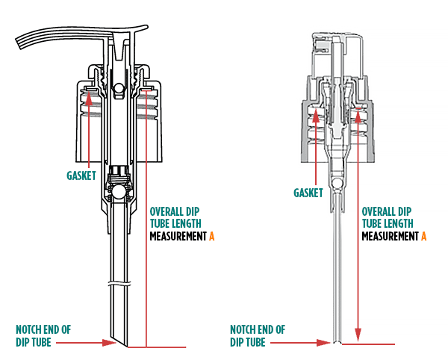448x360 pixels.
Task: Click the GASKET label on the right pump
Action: pos(308,193)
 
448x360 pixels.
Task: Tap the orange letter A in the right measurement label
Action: pos(423,236)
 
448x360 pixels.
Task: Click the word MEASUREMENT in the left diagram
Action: pos(178,236)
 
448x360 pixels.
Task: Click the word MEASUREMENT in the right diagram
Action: pos(390,236)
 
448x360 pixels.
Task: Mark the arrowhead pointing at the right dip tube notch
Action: pos(326,343)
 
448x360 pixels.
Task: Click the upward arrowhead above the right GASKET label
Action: pos(315,112)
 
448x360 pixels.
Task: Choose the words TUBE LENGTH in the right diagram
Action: pos(388,223)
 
